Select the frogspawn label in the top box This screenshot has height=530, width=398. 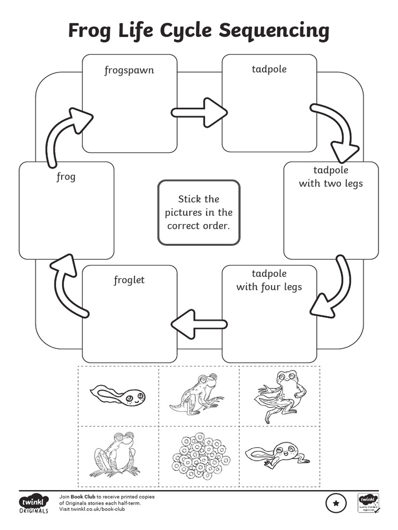129,70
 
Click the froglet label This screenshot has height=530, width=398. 129,281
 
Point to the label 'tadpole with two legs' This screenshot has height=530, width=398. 331,176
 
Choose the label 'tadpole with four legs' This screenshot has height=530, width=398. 269,280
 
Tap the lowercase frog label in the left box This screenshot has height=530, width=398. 66,177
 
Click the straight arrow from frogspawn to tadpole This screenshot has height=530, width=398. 199,112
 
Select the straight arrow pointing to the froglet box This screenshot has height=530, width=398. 199,324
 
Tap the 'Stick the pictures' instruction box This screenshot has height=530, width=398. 199,212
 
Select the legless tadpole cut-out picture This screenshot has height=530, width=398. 118,396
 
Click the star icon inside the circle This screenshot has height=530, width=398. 336,503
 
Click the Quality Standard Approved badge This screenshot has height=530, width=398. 369,503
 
